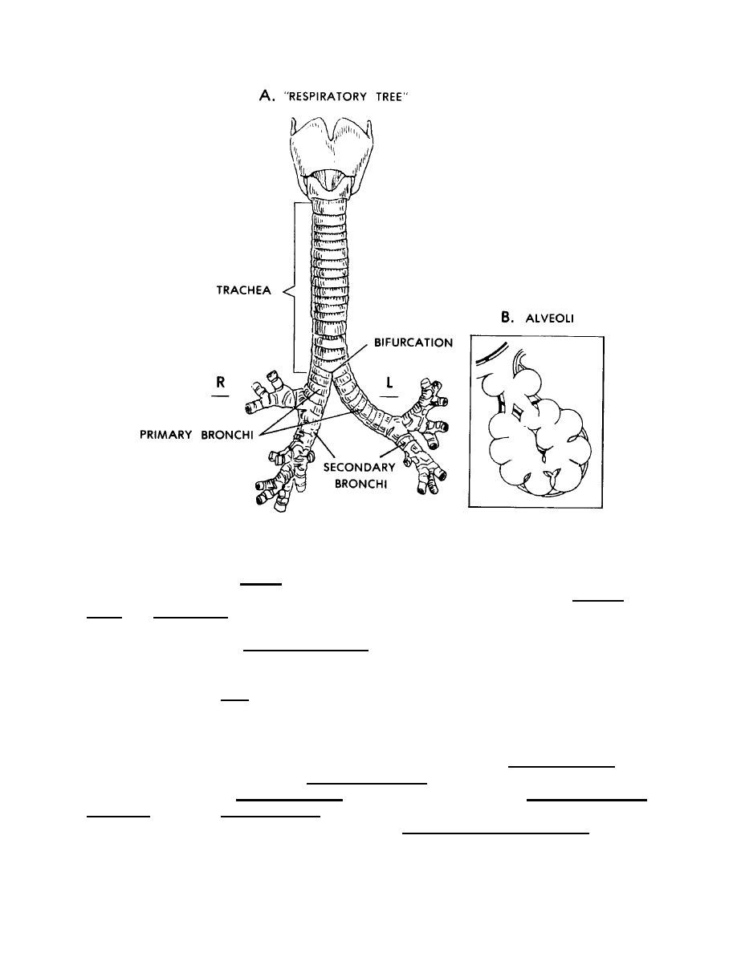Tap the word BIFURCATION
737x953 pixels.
(x=414, y=343)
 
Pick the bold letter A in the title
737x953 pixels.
(x=265, y=96)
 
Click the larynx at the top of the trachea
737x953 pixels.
(x=322, y=156)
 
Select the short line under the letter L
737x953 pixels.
(x=389, y=395)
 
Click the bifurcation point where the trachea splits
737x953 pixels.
(x=332, y=377)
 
